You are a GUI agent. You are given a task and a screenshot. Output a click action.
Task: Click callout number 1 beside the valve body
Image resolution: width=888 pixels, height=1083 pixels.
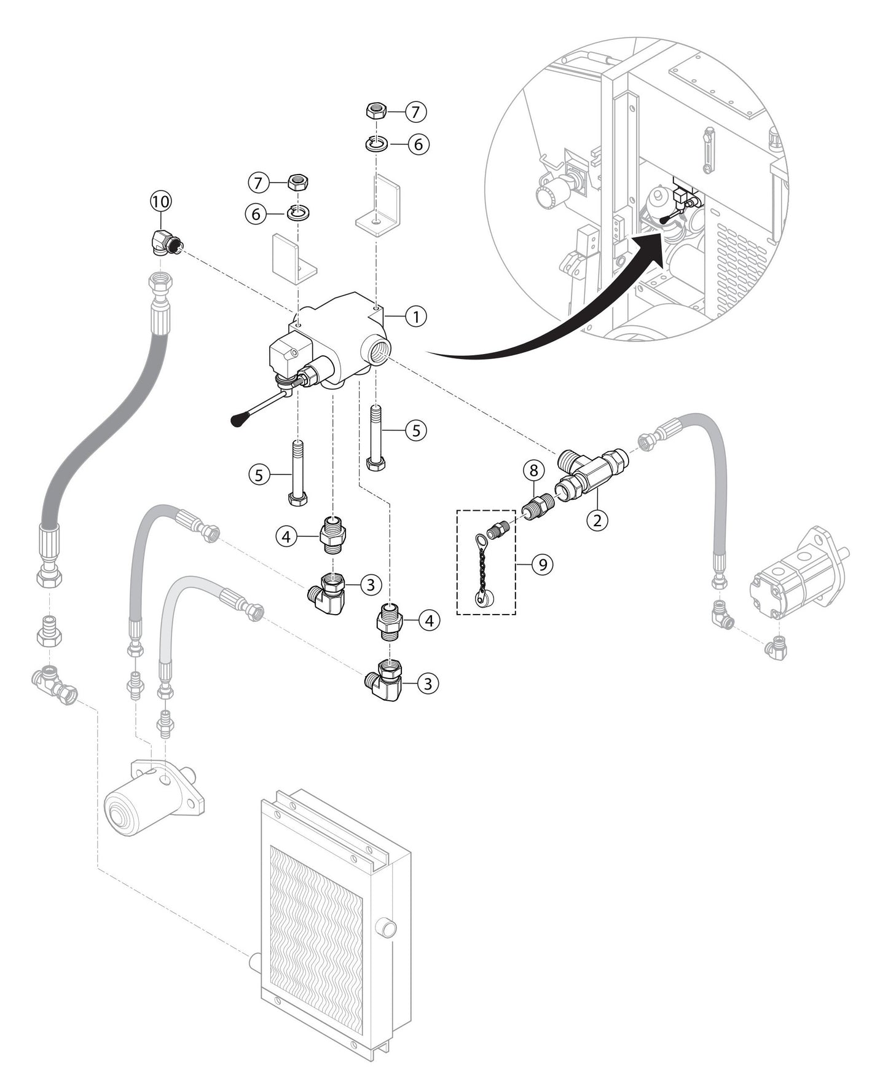click(416, 317)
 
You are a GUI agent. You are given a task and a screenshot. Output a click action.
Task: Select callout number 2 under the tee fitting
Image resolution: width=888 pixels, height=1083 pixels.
click(596, 520)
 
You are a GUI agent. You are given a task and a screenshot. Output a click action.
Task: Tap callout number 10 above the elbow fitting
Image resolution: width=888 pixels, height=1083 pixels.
click(161, 201)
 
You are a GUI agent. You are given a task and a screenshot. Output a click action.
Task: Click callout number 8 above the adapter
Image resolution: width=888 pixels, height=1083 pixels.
click(533, 471)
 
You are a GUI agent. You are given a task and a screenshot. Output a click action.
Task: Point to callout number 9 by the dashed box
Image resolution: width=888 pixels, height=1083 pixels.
click(542, 563)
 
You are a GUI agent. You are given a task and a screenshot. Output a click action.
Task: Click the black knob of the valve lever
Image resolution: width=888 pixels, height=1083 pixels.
click(237, 420)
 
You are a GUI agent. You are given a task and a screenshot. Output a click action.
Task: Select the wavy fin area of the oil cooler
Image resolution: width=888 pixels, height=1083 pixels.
click(316, 934)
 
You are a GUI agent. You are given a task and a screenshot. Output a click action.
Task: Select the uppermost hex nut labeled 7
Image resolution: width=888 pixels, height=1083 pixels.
click(375, 112)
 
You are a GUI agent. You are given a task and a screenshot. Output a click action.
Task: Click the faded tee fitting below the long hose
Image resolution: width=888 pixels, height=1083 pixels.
click(54, 687)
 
